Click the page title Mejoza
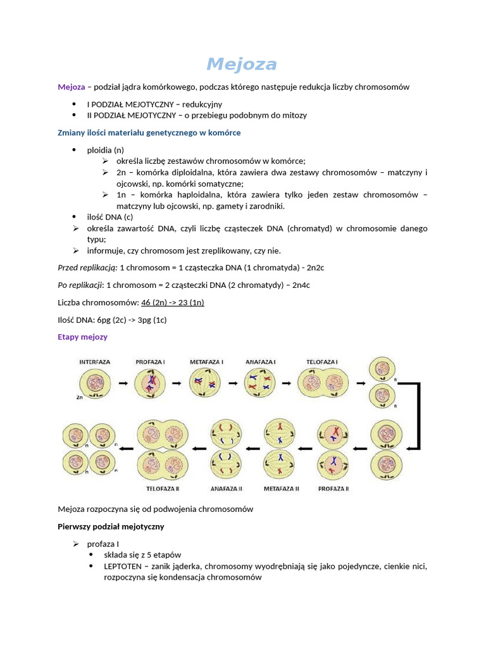point(242,64)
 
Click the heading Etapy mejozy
point(82,337)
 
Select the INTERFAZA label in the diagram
point(95,362)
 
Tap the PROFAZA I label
point(151,362)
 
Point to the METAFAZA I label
point(206,362)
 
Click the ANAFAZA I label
point(261,362)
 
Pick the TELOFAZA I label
point(322,362)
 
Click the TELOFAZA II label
point(163,489)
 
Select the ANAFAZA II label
point(226,489)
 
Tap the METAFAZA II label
point(280,489)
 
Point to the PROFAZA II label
point(333,489)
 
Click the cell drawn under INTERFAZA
point(95,383)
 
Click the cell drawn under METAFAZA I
point(206,383)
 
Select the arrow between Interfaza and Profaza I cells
point(123,383)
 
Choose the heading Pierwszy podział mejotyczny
point(111,526)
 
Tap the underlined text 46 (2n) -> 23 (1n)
point(173,302)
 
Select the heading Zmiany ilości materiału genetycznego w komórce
point(149,133)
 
